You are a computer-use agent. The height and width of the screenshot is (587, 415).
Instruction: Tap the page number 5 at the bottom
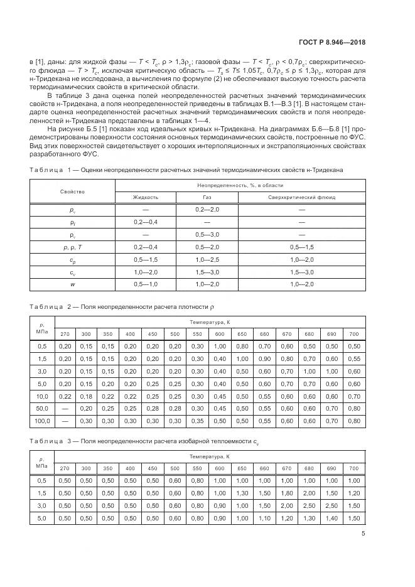point(364,534)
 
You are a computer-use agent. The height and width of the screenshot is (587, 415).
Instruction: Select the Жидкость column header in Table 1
point(146,197)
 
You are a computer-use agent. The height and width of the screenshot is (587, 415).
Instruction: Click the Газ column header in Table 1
point(207,197)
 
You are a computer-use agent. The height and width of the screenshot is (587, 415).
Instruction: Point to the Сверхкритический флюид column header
point(302,197)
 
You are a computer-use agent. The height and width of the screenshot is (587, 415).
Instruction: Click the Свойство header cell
point(72,191)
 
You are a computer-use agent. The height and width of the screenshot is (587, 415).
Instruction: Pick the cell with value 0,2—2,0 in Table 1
point(207,209)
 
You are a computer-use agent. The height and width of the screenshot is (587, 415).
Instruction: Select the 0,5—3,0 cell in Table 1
point(207,235)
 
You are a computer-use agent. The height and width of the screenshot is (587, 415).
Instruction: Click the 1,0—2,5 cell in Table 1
point(207,260)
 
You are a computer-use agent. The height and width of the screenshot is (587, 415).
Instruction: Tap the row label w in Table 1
point(72,285)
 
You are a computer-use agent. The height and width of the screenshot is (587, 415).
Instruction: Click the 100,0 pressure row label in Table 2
point(42,421)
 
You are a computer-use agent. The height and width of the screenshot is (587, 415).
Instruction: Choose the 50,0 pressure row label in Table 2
point(42,408)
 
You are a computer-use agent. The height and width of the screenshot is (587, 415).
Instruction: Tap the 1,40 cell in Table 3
point(331,518)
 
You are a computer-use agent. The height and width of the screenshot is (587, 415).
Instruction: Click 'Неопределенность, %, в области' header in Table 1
point(240,185)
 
